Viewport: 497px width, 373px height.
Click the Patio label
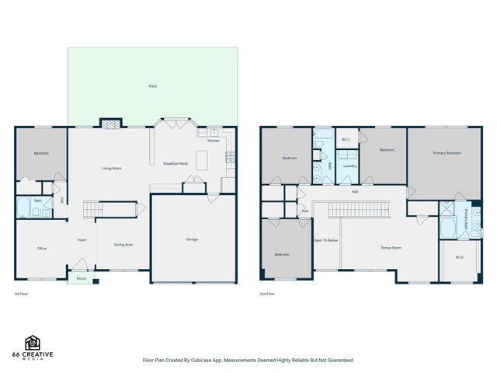(153, 85)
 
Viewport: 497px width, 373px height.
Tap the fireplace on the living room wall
(110, 124)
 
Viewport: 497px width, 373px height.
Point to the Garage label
(192, 239)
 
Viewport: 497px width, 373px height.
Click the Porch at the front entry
(81, 277)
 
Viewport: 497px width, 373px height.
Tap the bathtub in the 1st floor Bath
(24, 210)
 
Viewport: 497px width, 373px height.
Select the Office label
(41, 249)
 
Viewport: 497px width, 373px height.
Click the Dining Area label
(123, 245)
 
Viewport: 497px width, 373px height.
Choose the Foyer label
(82, 240)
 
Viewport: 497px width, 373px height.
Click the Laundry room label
(349, 166)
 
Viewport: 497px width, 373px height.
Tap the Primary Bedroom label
(447, 153)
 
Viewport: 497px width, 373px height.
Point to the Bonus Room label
(391, 248)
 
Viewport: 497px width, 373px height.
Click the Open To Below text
(325, 240)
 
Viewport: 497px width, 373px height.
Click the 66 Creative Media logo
(33, 347)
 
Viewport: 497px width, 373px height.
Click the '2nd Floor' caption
(267, 294)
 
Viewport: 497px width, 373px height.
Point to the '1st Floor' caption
(22, 294)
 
